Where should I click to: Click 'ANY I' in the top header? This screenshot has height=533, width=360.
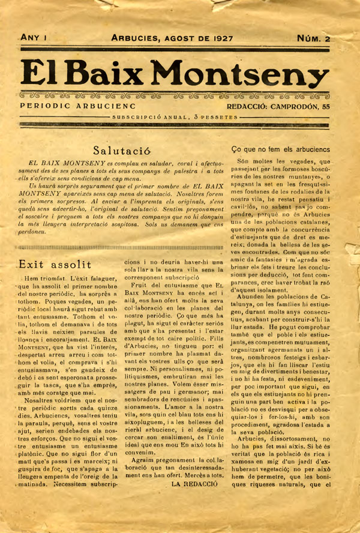(34, 37)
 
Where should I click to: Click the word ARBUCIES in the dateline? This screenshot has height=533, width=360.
(137, 38)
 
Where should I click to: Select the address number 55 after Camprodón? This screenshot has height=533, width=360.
(325, 106)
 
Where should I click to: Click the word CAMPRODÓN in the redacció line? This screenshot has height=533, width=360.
(295, 106)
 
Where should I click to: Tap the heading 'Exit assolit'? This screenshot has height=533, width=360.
(55, 263)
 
